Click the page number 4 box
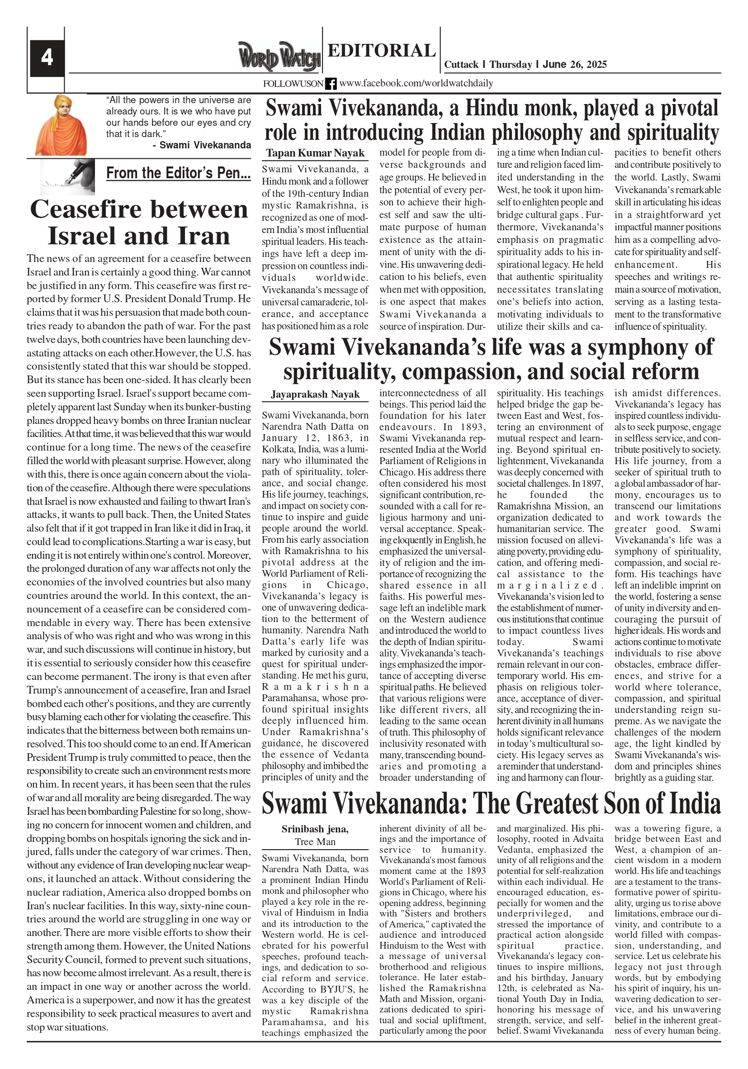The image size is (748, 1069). click(47, 58)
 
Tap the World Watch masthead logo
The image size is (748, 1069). click(279, 57)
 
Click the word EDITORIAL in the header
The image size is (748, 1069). click(381, 50)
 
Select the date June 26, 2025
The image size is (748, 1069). click(574, 64)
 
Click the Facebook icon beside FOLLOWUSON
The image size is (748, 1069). click(331, 84)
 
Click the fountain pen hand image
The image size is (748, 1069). click(68, 176)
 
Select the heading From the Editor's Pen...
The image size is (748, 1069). click(178, 173)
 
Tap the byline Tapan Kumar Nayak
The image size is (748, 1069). click(315, 153)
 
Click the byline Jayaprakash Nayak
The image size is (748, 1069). click(315, 394)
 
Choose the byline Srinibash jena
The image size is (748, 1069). click(315, 829)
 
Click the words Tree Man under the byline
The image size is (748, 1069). click(315, 841)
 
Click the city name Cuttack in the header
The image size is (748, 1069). click(461, 64)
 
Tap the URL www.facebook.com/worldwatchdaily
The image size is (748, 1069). click(416, 83)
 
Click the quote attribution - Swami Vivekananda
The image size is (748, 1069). click(202, 145)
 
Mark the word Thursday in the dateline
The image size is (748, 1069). click(511, 64)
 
